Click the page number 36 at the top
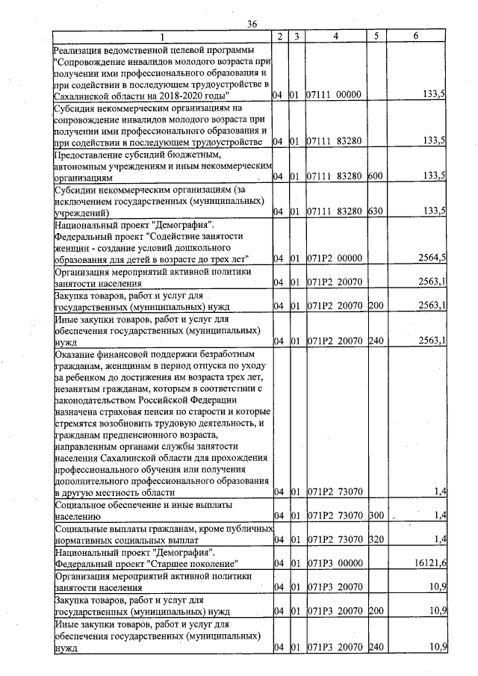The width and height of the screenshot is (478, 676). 252,24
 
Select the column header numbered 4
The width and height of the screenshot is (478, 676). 335,36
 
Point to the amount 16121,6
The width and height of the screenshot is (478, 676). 431,562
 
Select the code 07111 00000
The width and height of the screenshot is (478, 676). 334,96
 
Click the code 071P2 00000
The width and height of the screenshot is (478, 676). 334,258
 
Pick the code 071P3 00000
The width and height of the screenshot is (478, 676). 334,562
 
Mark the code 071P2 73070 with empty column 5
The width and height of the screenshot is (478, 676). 334,492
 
